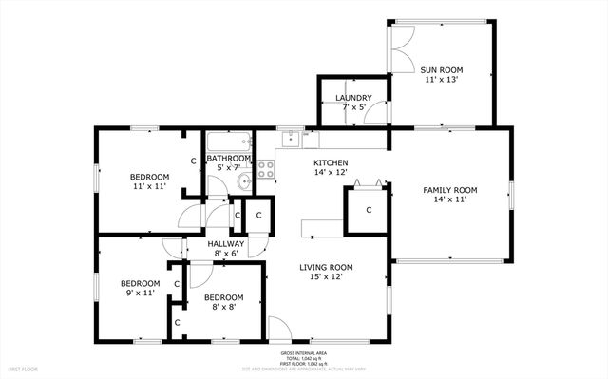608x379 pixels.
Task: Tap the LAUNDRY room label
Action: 353,99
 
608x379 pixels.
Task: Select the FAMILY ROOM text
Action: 449,191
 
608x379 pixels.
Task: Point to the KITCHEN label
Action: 332,163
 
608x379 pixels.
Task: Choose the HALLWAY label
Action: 226,244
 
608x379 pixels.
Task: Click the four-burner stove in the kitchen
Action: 266,170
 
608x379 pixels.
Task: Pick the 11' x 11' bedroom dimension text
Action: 149,187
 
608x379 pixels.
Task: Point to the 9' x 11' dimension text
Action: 139,294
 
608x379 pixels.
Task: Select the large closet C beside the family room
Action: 368,209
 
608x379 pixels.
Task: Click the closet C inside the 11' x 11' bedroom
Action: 193,161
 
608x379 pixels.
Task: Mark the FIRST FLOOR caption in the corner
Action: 23,368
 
